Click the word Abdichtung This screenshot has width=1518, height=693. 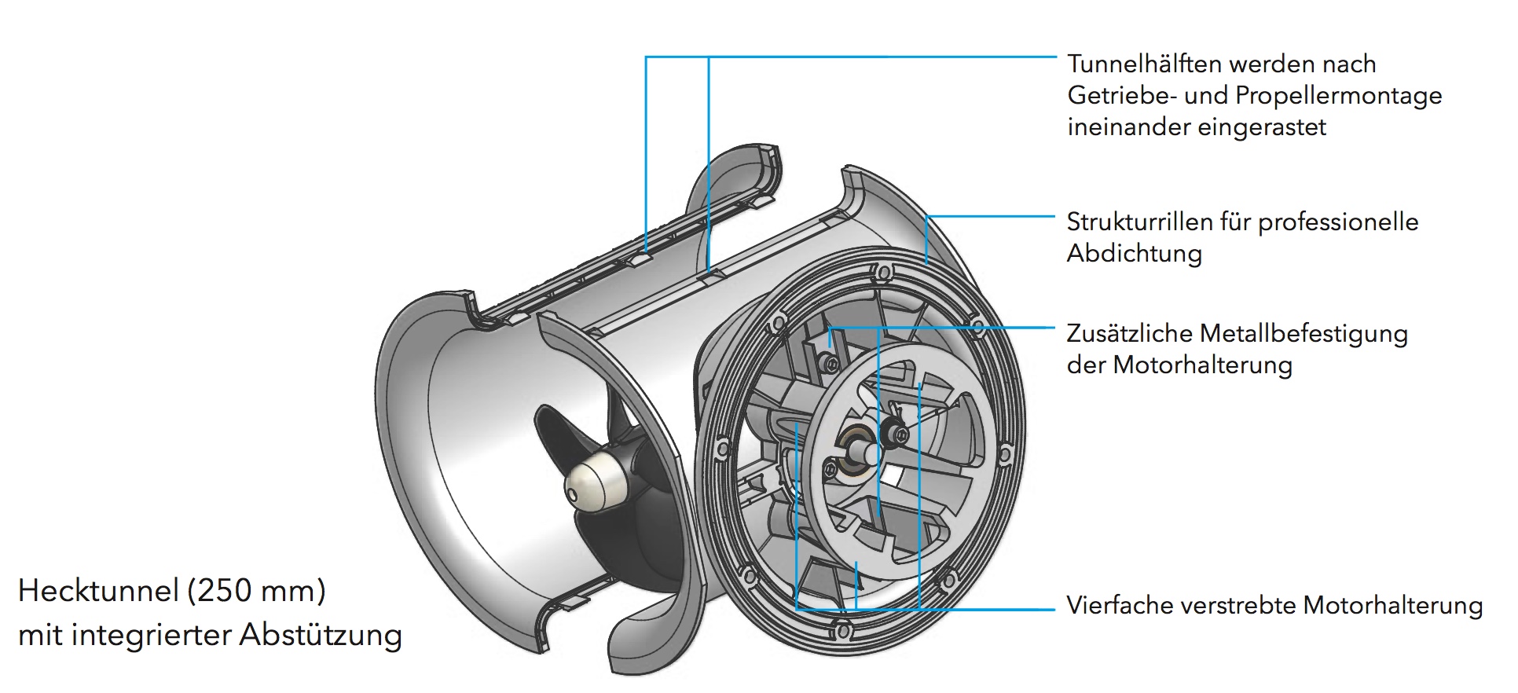click(x=1134, y=254)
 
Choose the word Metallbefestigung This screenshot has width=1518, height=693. click(x=1303, y=334)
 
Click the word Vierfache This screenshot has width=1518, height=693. click(x=1114, y=606)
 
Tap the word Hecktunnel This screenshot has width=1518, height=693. click(x=96, y=591)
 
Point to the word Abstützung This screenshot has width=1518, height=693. click(x=321, y=635)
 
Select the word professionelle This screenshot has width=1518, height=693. click(x=1338, y=222)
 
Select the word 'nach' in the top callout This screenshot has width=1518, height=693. click(x=1349, y=64)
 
